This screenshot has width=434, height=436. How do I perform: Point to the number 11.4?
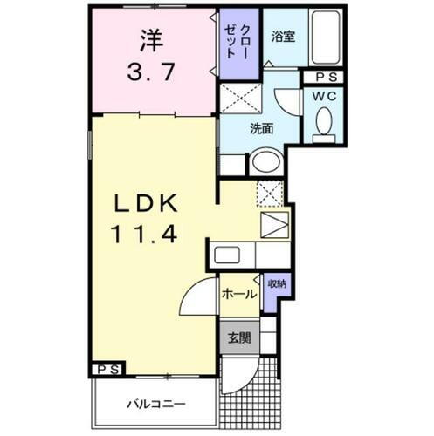pyautogui.click(x=143, y=234)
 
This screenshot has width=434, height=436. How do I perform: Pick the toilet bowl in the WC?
pyautogui.click(x=324, y=121)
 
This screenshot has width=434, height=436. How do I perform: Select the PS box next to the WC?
pyautogui.click(x=323, y=77)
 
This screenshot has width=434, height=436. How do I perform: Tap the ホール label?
pyautogui.click(x=238, y=294)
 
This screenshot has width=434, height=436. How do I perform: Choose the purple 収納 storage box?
pyautogui.click(x=276, y=285)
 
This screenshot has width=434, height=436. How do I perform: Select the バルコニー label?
pyautogui.click(x=154, y=405)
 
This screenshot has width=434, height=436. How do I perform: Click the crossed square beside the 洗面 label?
pyautogui.click(x=238, y=97)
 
